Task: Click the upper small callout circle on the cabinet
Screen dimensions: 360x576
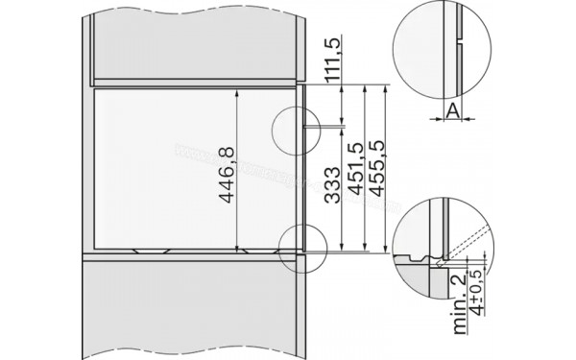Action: tap(294, 126)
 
